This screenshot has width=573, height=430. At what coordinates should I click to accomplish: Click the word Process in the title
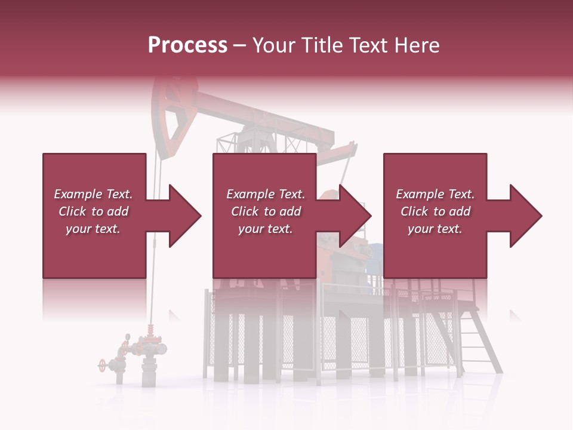coord(187,45)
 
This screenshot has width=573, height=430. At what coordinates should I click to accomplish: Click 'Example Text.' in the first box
coord(93,194)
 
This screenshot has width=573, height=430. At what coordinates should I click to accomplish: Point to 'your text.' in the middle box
coord(265,229)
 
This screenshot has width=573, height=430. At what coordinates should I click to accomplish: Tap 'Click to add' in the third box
coord(435,211)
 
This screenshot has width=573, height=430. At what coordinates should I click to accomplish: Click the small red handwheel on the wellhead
coord(103,364)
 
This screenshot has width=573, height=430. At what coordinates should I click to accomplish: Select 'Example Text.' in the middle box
coord(265,194)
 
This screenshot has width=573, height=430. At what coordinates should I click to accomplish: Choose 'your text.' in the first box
coord(93,229)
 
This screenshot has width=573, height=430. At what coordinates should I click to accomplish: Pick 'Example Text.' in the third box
coord(435,194)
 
